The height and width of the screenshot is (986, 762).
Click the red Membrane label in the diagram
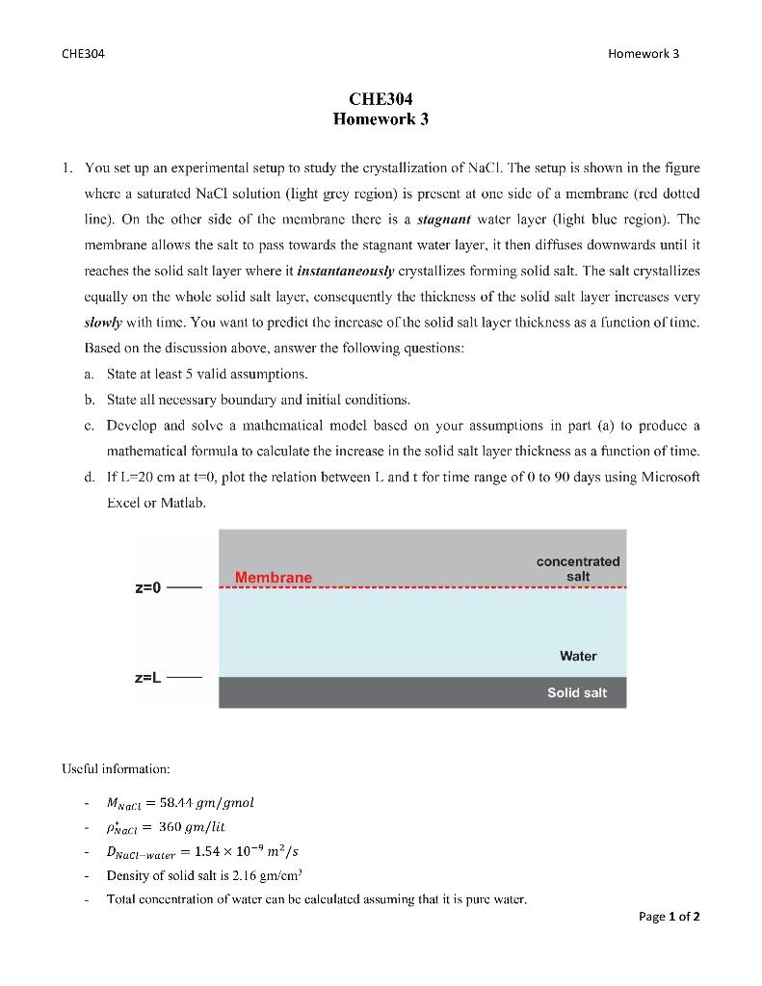pos(274,577)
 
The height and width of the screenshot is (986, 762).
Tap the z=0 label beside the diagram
pos(149,586)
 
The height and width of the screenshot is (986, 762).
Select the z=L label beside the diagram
pos(149,678)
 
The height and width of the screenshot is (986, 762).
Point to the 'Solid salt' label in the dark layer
pos(576,692)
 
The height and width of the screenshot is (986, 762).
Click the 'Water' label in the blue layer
pos(578,656)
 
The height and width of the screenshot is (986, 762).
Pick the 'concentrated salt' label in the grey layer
pos(578,568)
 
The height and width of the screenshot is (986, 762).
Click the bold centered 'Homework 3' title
pos(381,119)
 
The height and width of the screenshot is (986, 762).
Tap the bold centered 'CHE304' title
pos(381,99)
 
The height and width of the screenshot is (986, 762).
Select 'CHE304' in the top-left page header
pos(83,53)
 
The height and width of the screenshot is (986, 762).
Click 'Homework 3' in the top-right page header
pos(644,53)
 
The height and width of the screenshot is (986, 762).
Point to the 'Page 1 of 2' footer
pos(670,916)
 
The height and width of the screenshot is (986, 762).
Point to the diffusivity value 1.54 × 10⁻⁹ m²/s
pos(251,850)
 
